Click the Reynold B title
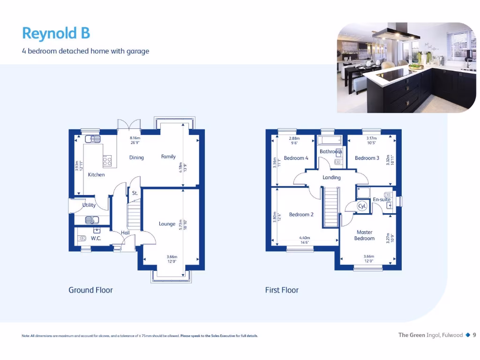[x=56, y=34]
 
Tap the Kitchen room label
[x=96, y=175]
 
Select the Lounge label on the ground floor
[x=167, y=224]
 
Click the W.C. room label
[x=96, y=239]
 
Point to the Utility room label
[x=89, y=205]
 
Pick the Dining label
[x=136, y=157]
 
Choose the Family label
[x=168, y=157]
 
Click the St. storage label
[x=135, y=193]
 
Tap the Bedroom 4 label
[x=296, y=158]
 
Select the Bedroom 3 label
[x=367, y=158]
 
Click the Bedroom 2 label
[x=301, y=215]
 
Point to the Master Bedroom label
[x=364, y=235]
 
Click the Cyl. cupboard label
[x=362, y=206]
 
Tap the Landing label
[x=331, y=178]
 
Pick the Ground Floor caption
[x=90, y=290]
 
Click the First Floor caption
[x=282, y=290]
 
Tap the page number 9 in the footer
[x=474, y=335]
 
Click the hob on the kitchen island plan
[x=107, y=161]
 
